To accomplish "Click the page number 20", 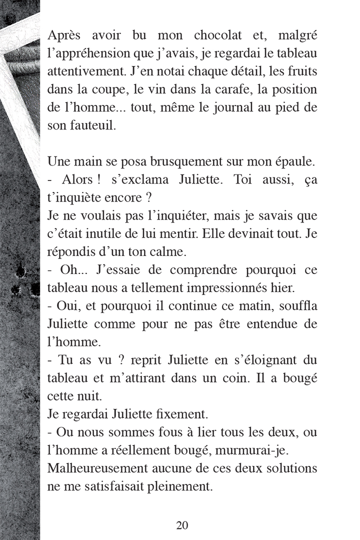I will pyautogui.click(x=182, y=525).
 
